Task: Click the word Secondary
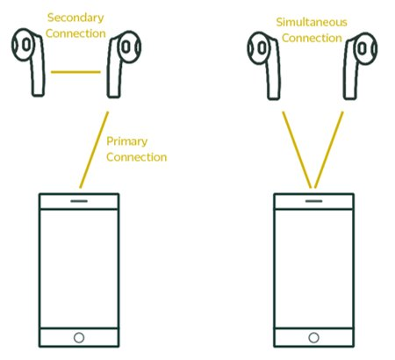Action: tap(75, 18)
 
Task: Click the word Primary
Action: tap(126, 142)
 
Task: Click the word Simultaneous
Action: tap(312, 22)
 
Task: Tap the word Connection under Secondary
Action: tap(75, 33)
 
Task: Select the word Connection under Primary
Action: tap(137, 157)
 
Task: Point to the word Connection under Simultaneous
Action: tap(312, 38)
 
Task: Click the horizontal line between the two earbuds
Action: tap(75, 72)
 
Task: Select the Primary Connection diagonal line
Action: tap(94, 149)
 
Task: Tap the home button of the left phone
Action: tap(79, 337)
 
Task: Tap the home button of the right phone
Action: tap(313, 337)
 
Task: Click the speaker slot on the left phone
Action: tap(79, 201)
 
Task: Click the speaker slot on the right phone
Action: tap(313, 201)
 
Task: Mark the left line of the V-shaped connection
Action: tap(297, 149)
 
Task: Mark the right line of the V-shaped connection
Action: tap(328, 149)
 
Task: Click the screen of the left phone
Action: tap(79, 269)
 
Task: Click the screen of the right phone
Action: tap(313, 269)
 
